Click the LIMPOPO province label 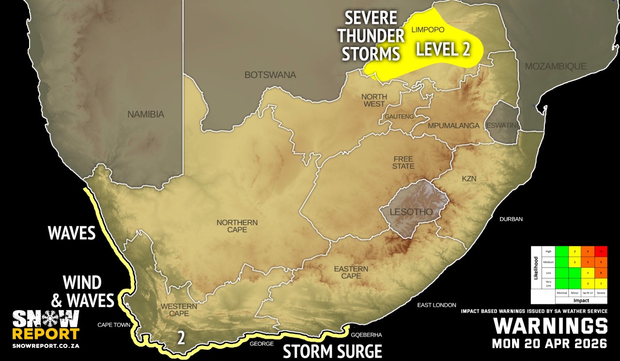[428, 30]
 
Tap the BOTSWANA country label [270, 75]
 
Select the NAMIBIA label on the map [146, 115]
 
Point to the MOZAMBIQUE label [556, 66]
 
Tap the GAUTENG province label [400, 117]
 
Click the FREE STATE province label [403, 163]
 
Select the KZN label [469, 179]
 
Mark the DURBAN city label [511, 219]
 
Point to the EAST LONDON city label [436, 305]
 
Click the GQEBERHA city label [366, 335]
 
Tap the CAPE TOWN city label [114, 325]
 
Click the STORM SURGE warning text [332, 351]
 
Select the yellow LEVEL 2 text [444, 49]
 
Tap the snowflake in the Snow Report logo [46, 318]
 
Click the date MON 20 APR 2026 [549, 344]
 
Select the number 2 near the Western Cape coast [181, 338]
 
